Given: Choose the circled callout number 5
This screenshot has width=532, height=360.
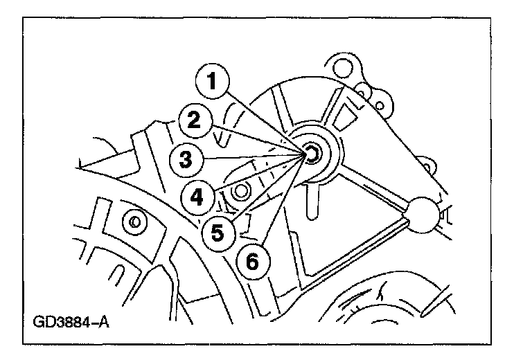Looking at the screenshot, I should click(218, 232).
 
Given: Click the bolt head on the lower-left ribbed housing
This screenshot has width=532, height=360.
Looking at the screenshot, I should click(134, 222).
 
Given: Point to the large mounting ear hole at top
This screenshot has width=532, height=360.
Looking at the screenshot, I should click(339, 68).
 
